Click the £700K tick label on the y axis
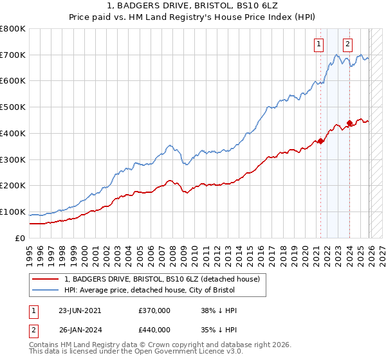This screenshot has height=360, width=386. (13, 55)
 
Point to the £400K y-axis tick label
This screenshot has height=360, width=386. (13, 134)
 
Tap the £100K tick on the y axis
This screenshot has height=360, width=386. (13, 212)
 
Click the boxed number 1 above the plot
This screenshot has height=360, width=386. (319, 44)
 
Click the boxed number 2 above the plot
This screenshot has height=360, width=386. (347, 44)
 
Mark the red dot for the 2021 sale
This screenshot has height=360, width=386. (320, 141)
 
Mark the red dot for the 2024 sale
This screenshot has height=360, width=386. (349, 123)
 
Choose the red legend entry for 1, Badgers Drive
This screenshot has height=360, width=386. (161, 279)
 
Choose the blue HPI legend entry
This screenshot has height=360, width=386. (161, 290)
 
